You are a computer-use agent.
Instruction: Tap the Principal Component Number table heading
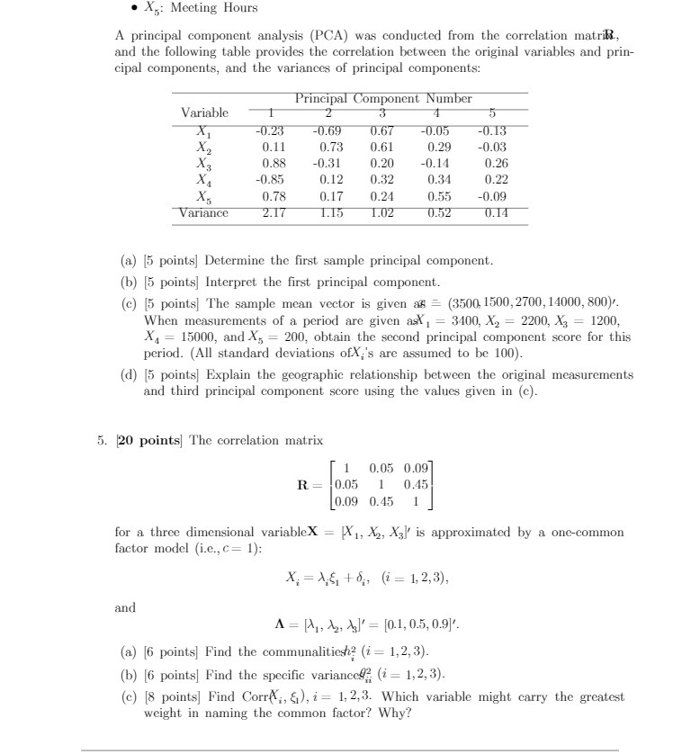coord(382,98)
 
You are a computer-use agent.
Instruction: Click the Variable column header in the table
coord(204,112)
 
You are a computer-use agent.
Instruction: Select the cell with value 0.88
coord(274,163)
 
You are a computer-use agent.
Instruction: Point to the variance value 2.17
coord(274,212)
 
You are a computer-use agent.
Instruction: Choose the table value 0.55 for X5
coord(438,196)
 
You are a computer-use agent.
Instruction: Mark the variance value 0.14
coord(495,212)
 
